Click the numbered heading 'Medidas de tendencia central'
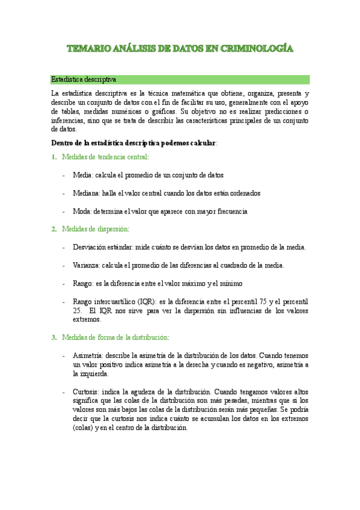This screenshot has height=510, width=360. coord(105,157)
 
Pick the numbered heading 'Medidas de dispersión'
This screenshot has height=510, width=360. coord(95,229)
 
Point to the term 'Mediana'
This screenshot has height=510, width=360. coord(85,193)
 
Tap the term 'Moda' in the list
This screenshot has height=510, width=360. coord(81,211)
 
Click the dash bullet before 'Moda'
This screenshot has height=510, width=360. coord(64,211)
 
